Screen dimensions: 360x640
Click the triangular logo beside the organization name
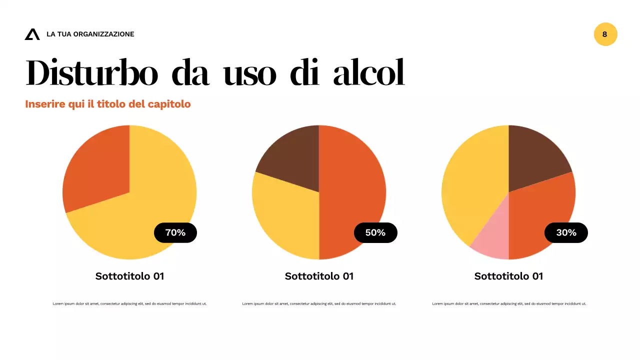pyautogui.click(x=32, y=34)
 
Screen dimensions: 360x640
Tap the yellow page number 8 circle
pyautogui.click(x=605, y=34)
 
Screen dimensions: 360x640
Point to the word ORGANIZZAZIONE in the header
pyautogui.click(x=103, y=34)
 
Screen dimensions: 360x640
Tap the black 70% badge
pyautogui.click(x=175, y=232)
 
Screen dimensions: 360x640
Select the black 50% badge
pyautogui.click(x=375, y=232)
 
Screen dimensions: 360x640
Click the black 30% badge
pyautogui.click(x=566, y=232)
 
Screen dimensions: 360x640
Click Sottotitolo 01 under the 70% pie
pyautogui.click(x=129, y=276)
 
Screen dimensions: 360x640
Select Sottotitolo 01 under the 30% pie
pyautogui.click(x=508, y=276)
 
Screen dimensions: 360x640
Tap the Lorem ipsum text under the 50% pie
pyautogui.click(x=319, y=303)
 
